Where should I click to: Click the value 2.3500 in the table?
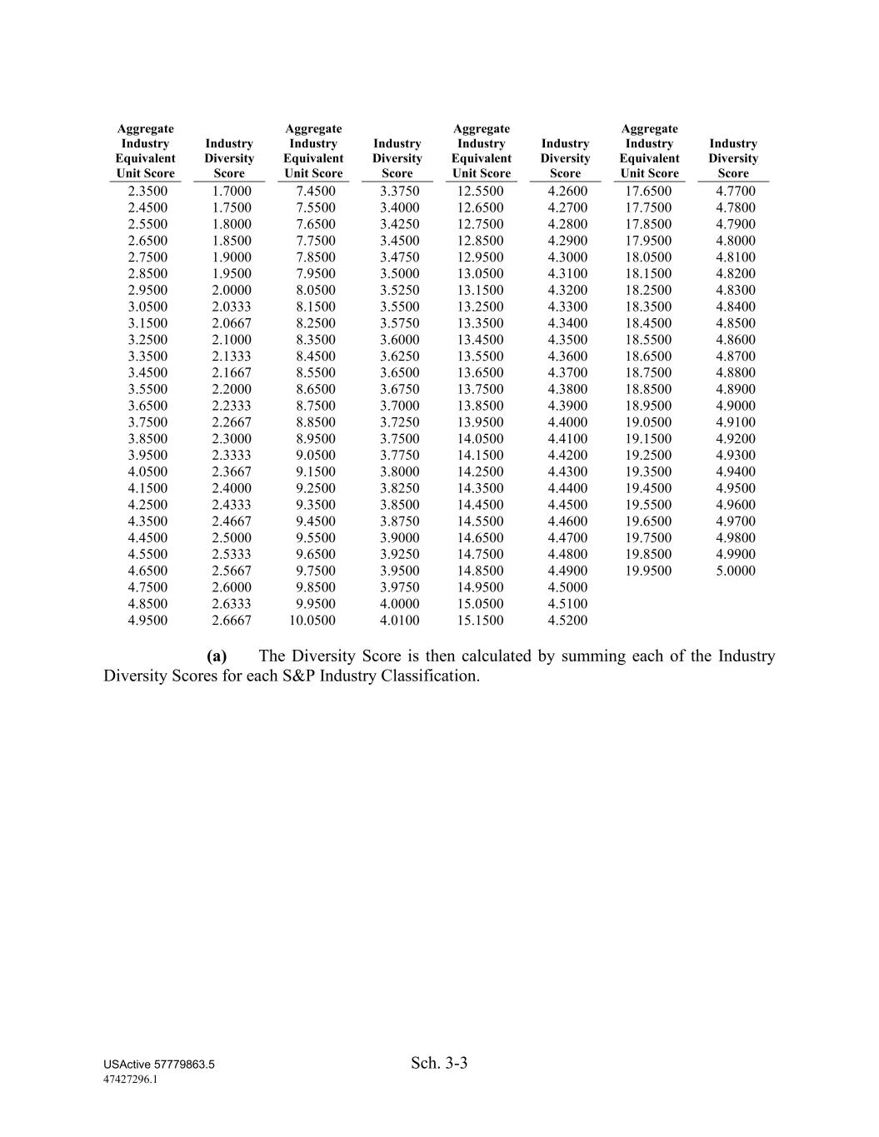(147, 192)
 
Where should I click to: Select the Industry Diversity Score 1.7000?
(231, 192)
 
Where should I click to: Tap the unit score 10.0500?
(312, 621)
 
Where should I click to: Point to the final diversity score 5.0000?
(736, 571)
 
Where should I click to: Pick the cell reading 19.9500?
(648, 571)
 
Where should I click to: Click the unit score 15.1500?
(481, 621)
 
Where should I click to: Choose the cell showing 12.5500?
(481, 192)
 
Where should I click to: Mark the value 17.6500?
(648, 192)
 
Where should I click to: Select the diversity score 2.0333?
(231, 307)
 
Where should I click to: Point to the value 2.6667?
(231, 621)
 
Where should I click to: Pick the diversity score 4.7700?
(736, 192)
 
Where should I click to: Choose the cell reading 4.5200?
(567, 621)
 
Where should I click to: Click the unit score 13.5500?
(481, 357)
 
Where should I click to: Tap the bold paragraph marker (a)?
(217, 656)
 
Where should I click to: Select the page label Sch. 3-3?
(439, 1063)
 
